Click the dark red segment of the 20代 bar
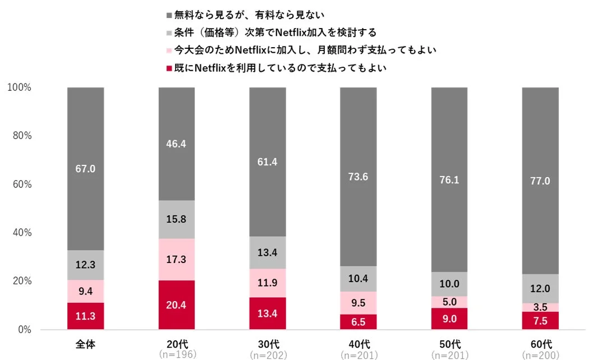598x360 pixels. pyautogui.click(x=176, y=305)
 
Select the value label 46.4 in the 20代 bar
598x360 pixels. pyautogui.click(x=176, y=144)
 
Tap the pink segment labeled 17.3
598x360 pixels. pyautogui.click(x=176, y=260)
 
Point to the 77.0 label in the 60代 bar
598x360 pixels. pyautogui.click(x=540, y=181)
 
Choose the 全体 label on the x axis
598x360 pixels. pyautogui.click(x=85, y=343)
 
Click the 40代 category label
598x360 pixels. pyautogui.click(x=358, y=343)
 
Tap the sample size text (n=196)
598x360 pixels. pyautogui.click(x=176, y=354)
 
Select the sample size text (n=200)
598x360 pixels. pyautogui.click(x=540, y=354)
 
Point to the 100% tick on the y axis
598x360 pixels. pyautogui.click(x=20, y=87)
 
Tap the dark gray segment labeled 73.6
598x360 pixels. pyautogui.click(x=358, y=177)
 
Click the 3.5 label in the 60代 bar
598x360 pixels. pyautogui.click(x=540, y=307)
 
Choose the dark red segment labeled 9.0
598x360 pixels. pyautogui.click(x=449, y=319)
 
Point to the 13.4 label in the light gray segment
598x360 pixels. pyautogui.click(x=268, y=252)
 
